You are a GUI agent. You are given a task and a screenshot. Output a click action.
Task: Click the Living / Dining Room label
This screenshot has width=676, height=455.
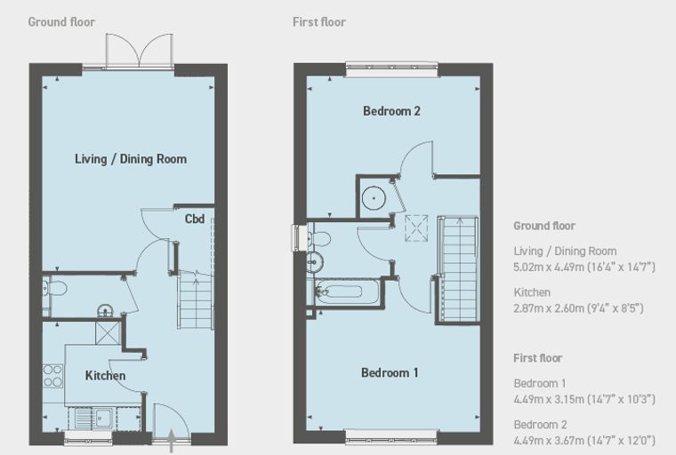131,159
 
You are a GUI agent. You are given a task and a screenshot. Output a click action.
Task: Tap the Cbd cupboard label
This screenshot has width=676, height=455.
195,219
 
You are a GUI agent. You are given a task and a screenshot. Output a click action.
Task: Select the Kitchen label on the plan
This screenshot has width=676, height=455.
105,376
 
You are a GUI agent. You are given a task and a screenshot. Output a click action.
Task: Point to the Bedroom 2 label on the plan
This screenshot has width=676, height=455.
391,111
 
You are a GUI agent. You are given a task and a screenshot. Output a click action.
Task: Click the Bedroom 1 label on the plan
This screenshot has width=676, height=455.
390,372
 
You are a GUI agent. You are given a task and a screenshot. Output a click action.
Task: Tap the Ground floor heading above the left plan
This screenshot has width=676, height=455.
61,22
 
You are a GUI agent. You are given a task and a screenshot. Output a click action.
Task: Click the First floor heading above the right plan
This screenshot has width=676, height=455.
319,22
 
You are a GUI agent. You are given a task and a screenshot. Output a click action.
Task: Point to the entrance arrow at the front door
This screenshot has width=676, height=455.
171,441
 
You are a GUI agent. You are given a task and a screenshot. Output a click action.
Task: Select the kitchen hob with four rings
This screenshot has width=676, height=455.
52,376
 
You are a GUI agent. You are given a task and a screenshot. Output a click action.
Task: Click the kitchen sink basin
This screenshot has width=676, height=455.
103,418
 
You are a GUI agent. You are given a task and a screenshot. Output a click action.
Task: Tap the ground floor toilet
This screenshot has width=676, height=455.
55,288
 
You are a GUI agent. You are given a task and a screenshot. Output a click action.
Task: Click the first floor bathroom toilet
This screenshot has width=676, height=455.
318,238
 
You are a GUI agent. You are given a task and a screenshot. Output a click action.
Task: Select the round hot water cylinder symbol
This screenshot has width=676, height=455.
374,198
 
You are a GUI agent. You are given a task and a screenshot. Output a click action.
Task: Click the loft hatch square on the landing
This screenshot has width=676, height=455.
416,228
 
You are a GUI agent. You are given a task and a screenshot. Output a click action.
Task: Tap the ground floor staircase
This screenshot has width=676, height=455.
196,300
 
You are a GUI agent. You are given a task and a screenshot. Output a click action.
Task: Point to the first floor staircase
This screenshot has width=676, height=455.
458,269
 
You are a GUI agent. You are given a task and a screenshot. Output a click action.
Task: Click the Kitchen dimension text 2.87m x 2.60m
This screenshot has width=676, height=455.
578,308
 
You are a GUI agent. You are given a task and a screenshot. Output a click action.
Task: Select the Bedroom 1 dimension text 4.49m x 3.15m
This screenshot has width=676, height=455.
584,399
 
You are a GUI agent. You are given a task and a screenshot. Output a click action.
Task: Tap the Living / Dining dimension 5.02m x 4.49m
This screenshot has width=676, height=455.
584,267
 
